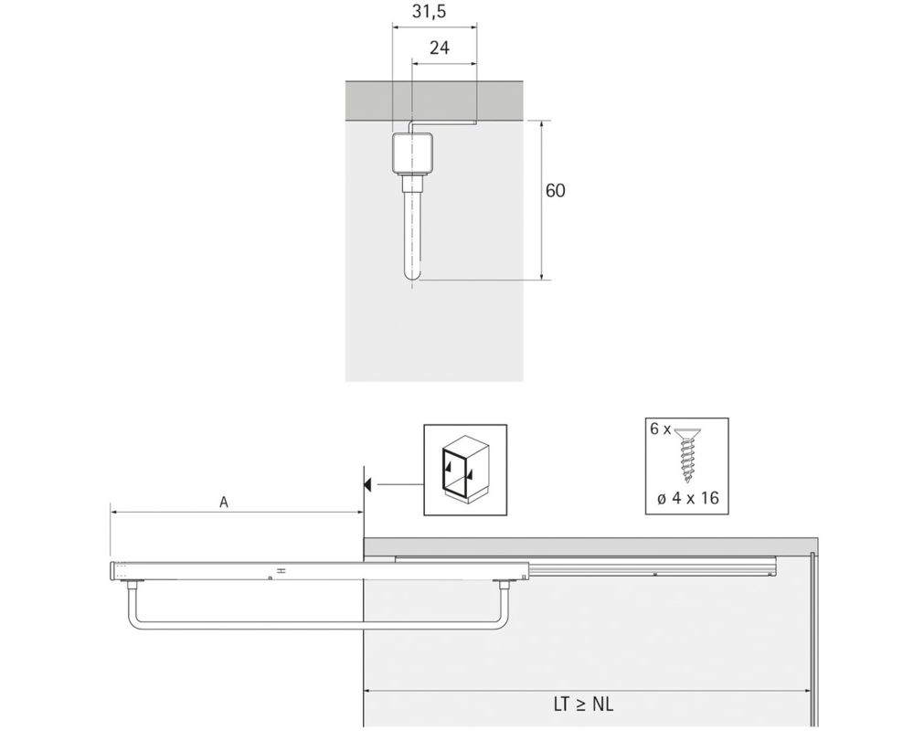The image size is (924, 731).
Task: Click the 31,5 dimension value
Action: pyautogui.click(x=429, y=11)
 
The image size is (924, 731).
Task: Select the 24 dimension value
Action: pyautogui.click(x=439, y=48)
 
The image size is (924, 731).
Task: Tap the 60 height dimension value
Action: pyautogui.click(x=555, y=191)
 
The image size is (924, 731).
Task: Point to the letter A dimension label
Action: pyautogui.click(x=224, y=503)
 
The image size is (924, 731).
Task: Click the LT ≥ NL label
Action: pyautogui.click(x=583, y=705)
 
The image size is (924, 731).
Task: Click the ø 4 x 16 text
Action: pyautogui.click(x=687, y=498)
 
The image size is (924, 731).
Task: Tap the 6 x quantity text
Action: pyautogui.click(x=660, y=429)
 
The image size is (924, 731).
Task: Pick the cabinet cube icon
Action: pyautogui.click(x=465, y=470)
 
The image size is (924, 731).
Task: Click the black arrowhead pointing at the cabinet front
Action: pyautogui.click(x=367, y=485)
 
